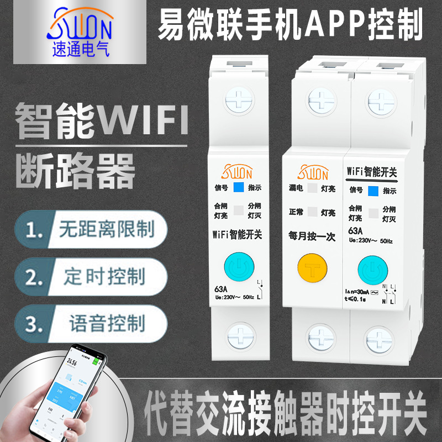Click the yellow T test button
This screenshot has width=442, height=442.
pyautogui.click(x=312, y=269)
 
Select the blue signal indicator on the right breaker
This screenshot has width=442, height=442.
pyautogui.click(x=373, y=191)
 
